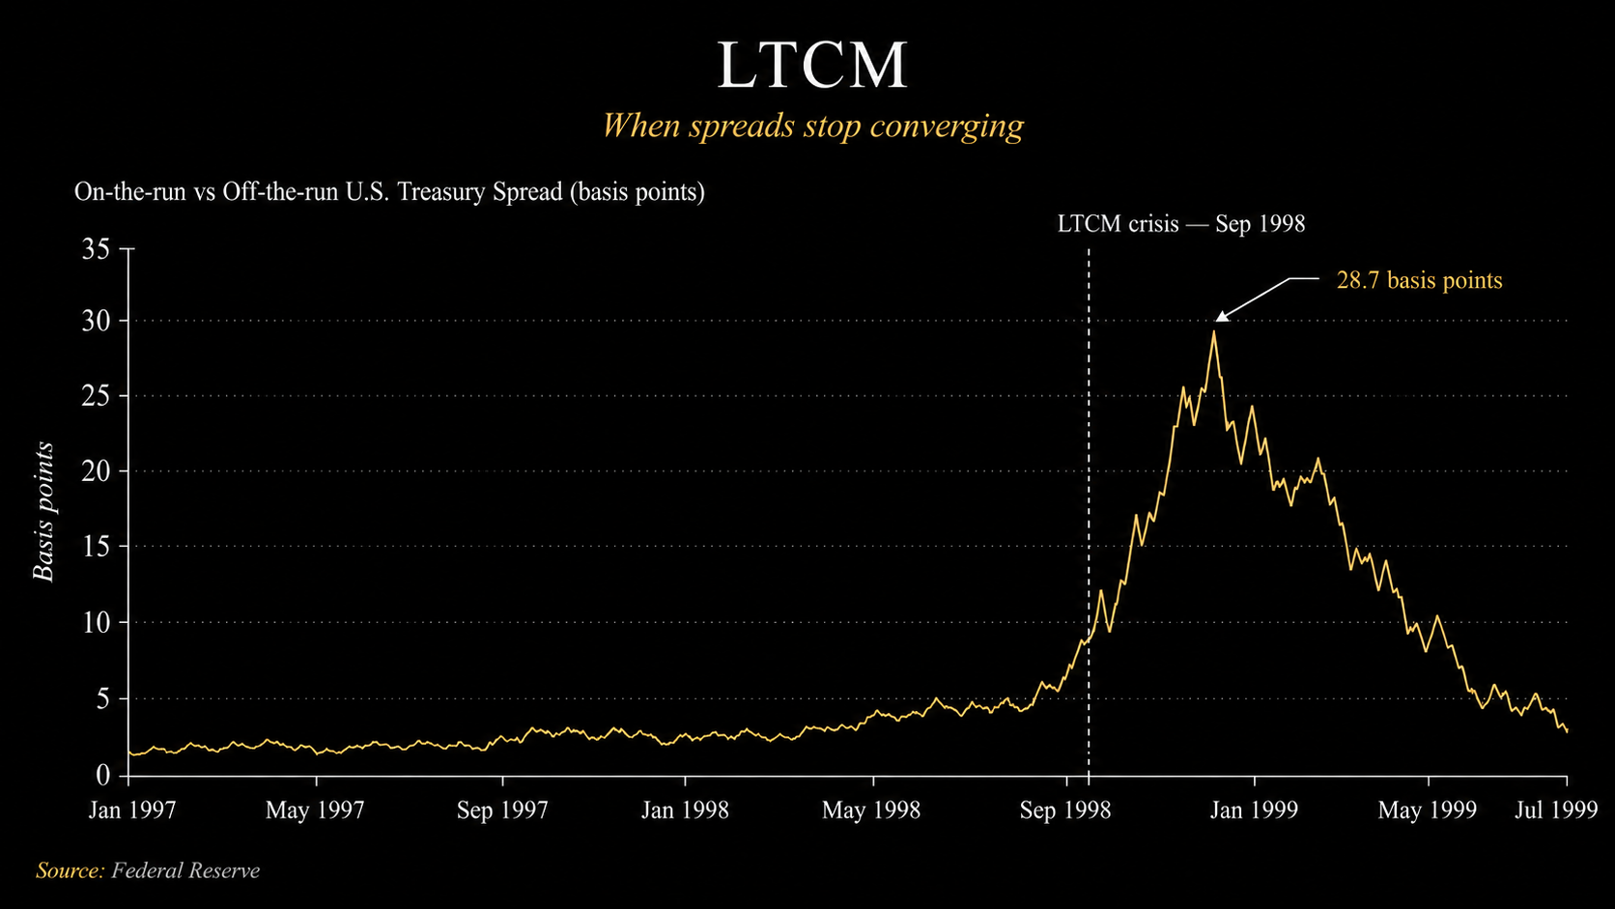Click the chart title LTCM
(811, 66)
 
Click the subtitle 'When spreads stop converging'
(812, 126)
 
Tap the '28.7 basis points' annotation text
(1419, 280)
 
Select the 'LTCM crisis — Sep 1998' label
(1181, 223)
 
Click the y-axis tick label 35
(96, 249)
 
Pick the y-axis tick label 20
(96, 471)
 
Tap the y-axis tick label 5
(103, 698)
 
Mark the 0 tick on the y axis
(103, 775)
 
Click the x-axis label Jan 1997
(132, 810)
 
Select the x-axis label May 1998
(871, 810)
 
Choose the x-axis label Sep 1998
(1064, 810)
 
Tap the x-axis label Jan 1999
(1254, 810)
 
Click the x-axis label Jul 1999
(1556, 810)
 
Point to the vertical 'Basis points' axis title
(44, 511)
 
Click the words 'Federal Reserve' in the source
(185, 870)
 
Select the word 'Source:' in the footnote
(70, 870)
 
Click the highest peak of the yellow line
(1214, 331)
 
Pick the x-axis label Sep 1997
(502, 810)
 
